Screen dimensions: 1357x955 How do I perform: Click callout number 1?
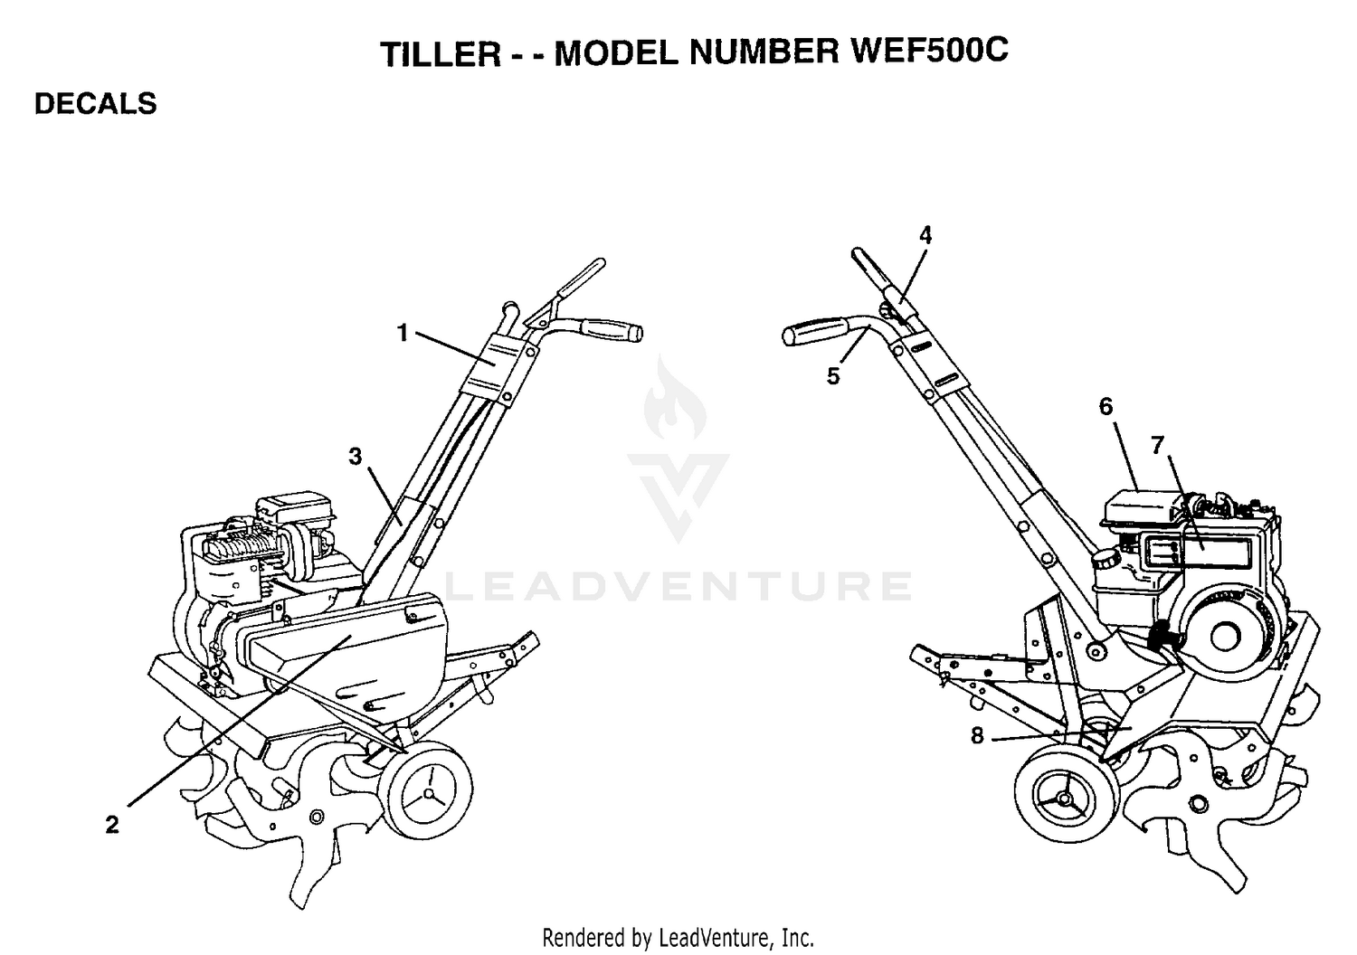point(403,333)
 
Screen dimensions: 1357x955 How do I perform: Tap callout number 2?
point(112,825)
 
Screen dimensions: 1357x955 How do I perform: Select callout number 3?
point(355,457)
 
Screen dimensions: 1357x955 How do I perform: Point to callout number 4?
point(925,235)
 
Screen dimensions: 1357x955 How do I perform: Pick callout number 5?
point(833,376)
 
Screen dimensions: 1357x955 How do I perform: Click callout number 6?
point(1106,406)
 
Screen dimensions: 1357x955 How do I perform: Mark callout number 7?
point(1157,446)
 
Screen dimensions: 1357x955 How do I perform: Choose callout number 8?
point(977,736)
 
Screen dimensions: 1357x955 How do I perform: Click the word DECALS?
point(96,104)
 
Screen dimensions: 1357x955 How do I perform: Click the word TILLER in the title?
point(441,53)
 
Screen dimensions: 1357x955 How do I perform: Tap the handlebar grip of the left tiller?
point(612,330)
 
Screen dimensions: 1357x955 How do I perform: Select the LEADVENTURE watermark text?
point(678,586)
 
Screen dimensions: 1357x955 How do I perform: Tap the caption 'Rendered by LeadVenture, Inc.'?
point(678,938)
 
